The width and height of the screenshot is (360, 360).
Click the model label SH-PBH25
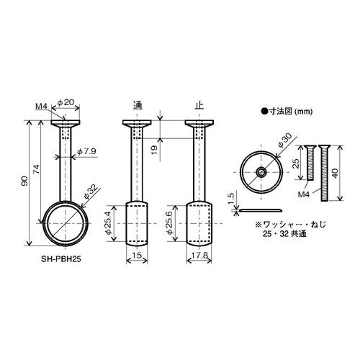point(61,259)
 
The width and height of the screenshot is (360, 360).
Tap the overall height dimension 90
point(24,181)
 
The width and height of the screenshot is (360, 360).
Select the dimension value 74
point(36,170)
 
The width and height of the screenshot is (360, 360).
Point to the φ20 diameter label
point(66,102)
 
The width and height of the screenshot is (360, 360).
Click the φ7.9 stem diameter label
point(86,151)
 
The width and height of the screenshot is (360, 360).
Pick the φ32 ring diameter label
point(91,192)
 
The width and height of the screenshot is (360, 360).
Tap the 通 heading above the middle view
point(138,106)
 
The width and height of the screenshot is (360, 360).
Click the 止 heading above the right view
point(199,106)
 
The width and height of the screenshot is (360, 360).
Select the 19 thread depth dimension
point(155,150)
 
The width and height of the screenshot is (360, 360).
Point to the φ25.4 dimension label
point(109,222)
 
